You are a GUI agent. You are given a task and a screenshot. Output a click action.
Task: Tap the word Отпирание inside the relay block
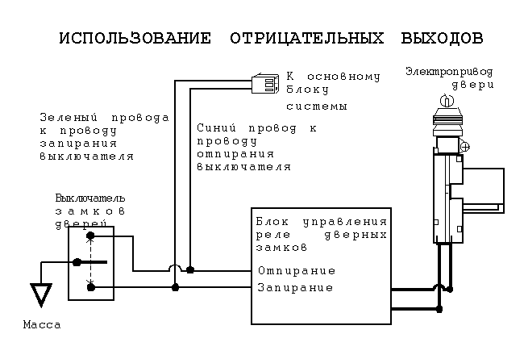296,271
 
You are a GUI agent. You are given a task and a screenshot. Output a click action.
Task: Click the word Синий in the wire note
214,128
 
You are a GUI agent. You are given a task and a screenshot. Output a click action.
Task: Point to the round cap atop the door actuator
443,101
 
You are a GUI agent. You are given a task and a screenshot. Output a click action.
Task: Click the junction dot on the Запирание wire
175,287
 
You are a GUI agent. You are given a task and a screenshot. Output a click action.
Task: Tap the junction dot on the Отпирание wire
190,270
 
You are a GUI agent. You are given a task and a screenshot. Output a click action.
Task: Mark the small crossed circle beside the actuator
465,148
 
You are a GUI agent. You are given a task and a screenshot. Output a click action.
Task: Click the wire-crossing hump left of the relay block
175,270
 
